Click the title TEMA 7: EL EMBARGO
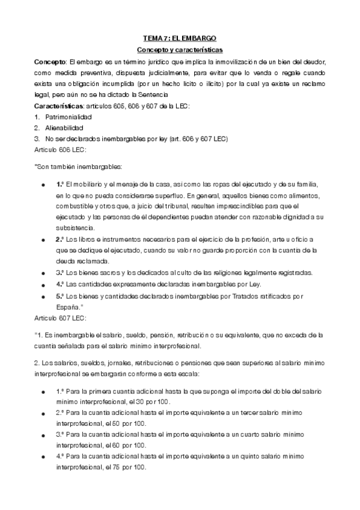click(180, 38)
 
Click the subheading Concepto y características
click(180, 49)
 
